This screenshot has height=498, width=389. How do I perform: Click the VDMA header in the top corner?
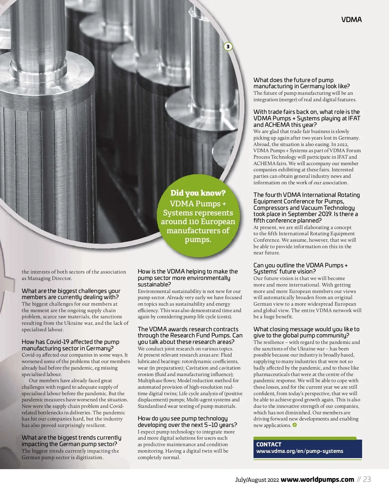coord(351,20)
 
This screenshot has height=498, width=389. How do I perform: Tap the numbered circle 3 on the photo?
coord(228,47)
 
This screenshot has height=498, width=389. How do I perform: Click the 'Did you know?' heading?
coord(198,193)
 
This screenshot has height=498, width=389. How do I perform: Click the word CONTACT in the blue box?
coord(269,444)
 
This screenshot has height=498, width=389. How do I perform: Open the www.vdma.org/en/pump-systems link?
coord(300,451)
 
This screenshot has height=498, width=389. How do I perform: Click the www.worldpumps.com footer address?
coord(317,480)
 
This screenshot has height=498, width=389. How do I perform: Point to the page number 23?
coord(367,480)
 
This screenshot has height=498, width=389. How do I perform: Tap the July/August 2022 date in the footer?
coord(257,480)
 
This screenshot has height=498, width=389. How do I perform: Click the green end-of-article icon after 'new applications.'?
coord(295,425)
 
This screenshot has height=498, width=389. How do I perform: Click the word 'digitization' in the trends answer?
coord(88,457)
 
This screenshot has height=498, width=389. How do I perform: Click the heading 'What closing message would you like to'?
coord(306,329)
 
